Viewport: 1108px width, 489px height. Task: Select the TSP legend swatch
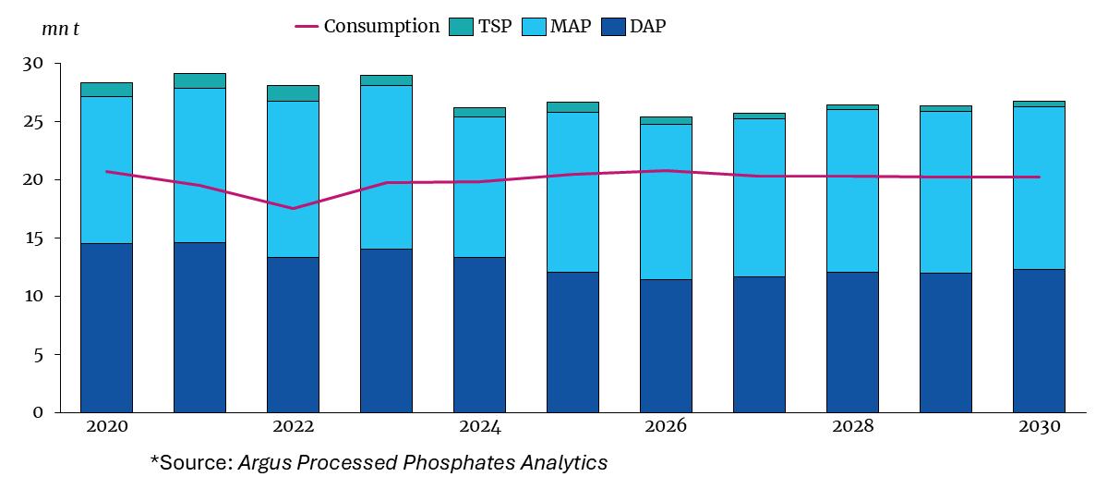coord(461,27)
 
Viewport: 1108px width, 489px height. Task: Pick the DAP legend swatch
coord(612,27)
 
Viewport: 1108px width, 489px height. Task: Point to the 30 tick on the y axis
coord(33,64)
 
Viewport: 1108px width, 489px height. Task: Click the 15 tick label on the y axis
coord(33,238)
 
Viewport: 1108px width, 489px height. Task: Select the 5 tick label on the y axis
coord(38,354)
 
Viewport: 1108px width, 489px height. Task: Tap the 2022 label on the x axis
coord(293,426)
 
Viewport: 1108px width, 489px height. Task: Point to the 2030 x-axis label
coord(1038,426)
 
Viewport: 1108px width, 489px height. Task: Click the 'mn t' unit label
coord(61,28)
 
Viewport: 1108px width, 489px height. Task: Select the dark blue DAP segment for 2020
coord(106,327)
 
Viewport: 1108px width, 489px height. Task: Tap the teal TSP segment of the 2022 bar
coord(293,93)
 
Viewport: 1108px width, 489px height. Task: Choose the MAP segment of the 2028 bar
coord(852,190)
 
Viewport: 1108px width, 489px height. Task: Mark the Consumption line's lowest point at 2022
coord(293,208)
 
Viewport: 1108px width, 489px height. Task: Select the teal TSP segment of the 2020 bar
coord(106,90)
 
